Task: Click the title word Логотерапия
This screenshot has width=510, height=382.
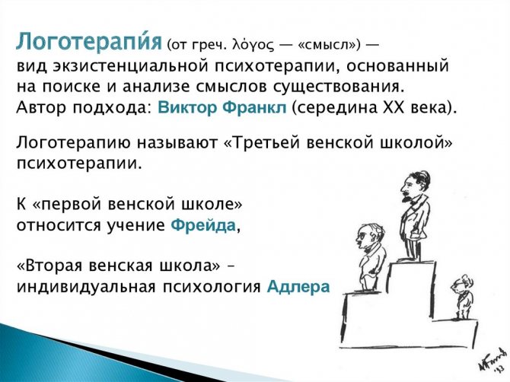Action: [x=89, y=43]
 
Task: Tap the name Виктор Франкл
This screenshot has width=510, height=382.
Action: [x=222, y=107]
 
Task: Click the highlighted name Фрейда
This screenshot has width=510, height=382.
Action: [x=203, y=225]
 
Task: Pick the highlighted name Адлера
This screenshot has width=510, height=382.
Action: [x=298, y=287]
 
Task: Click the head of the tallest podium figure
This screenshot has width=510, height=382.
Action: [x=414, y=185]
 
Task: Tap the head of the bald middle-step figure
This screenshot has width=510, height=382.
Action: [x=368, y=237]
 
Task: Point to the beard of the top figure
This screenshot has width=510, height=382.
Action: [x=406, y=196]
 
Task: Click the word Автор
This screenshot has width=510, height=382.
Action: [x=41, y=107]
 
